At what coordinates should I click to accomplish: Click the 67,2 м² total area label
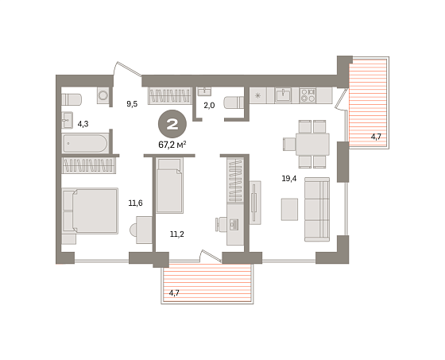(x=172, y=145)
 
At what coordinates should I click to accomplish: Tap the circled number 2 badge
(x=172, y=124)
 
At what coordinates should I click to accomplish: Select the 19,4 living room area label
(x=289, y=179)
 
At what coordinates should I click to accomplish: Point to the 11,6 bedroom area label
(x=135, y=203)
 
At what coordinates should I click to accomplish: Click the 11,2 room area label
(x=176, y=234)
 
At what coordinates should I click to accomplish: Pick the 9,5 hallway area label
(x=132, y=104)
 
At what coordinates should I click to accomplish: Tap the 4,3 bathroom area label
(x=83, y=124)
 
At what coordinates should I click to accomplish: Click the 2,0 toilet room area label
(x=209, y=106)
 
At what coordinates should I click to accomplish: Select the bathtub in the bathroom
(x=85, y=144)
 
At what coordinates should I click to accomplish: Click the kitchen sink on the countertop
(x=283, y=95)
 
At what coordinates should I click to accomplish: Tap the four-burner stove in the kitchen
(x=308, y=95)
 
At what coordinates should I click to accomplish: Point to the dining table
(x=312, y=144)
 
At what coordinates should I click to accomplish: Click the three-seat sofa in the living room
(x=317, y=210)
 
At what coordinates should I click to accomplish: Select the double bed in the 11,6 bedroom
(x=90, y=211)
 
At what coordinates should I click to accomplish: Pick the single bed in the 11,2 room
(x=169, y=186)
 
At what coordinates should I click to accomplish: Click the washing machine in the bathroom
(x=103, y=95)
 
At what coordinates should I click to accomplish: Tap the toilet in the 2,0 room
(x=234, y=103)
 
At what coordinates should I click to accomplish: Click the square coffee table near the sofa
(x=289, y=209)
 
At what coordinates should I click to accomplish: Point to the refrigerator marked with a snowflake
(x=258, y=95)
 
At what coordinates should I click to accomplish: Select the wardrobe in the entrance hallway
(x=169, y=95)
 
